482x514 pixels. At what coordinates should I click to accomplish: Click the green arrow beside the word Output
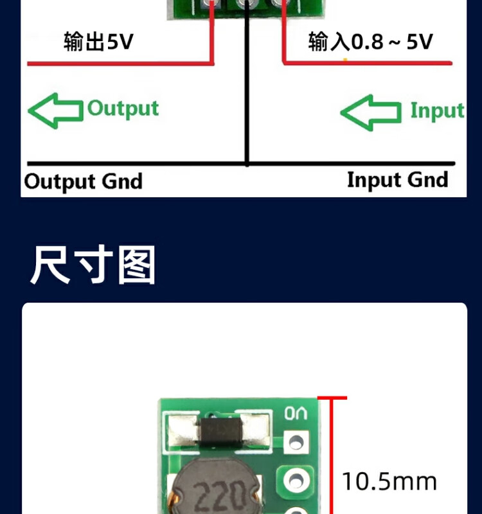[x=55, y=111]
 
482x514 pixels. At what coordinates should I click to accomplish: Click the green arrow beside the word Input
[x=371, y=112]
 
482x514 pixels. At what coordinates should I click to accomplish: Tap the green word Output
[x=123, y=109]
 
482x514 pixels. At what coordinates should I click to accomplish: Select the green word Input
[x=438, y=111]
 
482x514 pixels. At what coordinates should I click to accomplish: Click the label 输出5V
[x=98, y=42]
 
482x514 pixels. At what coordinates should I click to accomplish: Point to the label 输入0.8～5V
[x=371, y=42]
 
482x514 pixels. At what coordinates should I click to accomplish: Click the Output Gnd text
[x=84, y=182]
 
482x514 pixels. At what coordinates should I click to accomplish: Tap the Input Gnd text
[x=397, y=180]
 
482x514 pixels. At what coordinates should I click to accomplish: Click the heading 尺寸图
[x=93, y=265]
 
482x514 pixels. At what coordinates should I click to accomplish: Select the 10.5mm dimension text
[x=389, y=482]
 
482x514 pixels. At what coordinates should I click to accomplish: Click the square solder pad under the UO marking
[x=296, y=443]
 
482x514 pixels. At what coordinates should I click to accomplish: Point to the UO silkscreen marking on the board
[x=296, y=413]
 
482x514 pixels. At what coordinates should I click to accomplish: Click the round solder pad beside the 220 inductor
[x=296, y=481]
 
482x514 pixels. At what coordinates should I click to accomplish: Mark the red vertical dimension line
[x=332, y=456]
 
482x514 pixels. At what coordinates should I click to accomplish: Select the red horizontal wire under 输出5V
[x=121, y=63]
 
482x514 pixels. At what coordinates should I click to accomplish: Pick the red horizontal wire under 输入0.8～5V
[x=368, y=62]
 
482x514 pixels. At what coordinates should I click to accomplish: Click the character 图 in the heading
[x=136, y=265]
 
